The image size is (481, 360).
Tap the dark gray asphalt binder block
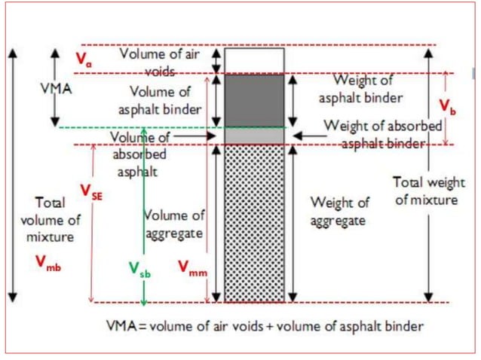point(254,99)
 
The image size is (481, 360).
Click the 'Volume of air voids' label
point(161,63)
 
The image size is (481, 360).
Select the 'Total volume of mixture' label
point(53,220)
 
